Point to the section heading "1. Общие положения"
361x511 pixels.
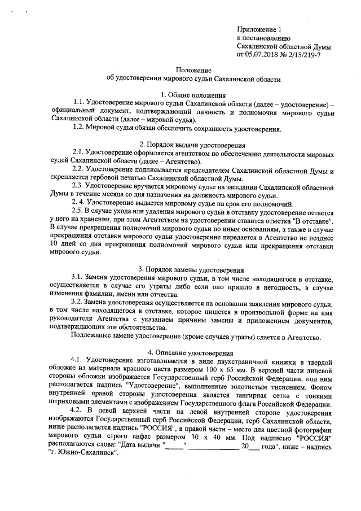[x=193, y=94]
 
